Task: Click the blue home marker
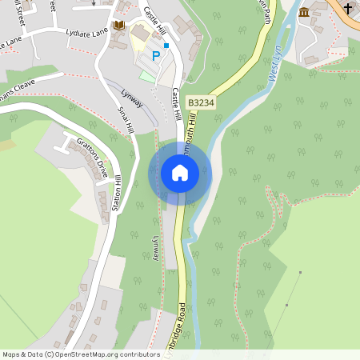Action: click(180, 173)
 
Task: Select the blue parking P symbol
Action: click(154, 56)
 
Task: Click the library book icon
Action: click(120, 26)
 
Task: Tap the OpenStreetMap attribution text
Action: click(81, 354)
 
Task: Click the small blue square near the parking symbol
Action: click(166, 46)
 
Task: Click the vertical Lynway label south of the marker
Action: click(156, 247)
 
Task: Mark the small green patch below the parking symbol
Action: click(147, 75)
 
